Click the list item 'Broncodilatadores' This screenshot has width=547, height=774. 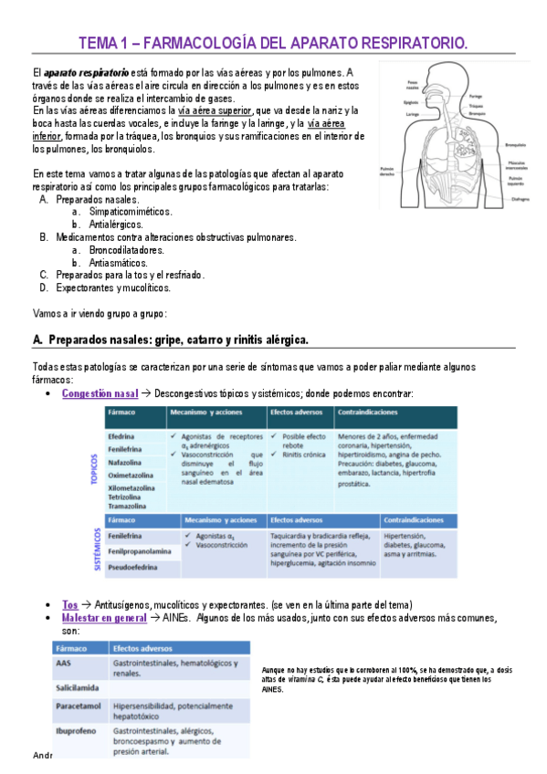click(x=127, y=249)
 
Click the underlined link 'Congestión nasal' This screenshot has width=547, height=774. click(x=100, y=393)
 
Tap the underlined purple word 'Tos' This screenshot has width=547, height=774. click(x=69, y=604)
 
